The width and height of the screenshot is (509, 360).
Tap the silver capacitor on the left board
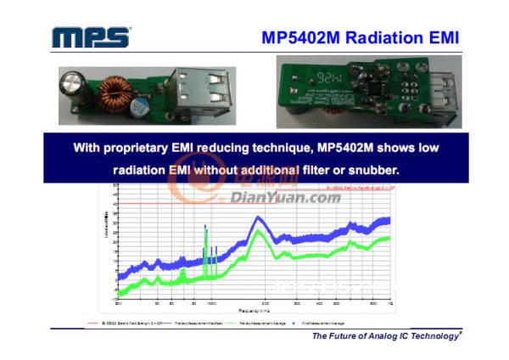(70, 89)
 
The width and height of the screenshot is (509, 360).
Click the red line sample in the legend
(96, 323)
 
